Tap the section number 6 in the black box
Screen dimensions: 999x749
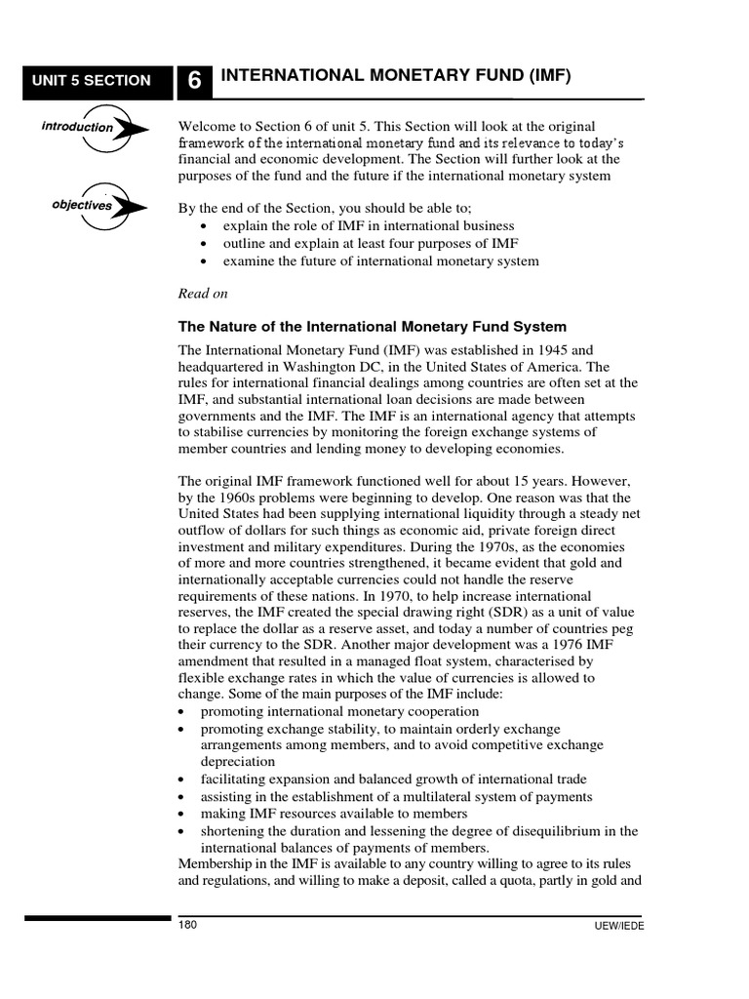[x=194, y=82]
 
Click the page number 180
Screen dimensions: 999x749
[x=188, y=925]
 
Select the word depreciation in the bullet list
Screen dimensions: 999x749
[x=238, y=762]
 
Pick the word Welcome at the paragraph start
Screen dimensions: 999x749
[x=209, y=127]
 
